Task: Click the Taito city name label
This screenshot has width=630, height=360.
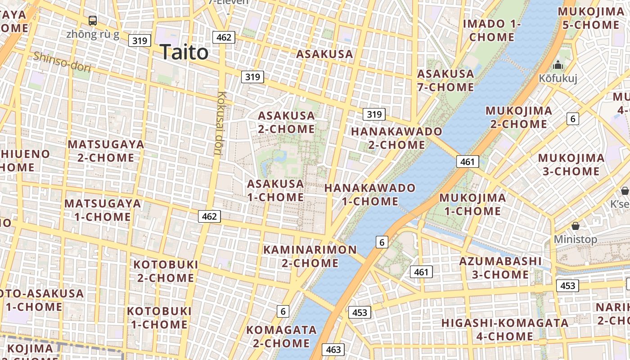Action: pos(184,52)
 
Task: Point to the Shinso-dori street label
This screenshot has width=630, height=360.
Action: pos(62,62)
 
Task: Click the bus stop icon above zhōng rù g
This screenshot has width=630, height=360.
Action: pos(93,20)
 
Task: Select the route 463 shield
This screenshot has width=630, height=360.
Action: pos(333,350)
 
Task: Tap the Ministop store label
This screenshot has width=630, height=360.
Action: pos(575,239)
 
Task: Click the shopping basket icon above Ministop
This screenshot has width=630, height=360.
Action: pos(575,225)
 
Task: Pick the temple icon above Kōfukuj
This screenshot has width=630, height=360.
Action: pos(558,65)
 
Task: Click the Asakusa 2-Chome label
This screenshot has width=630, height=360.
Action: pos(286,122)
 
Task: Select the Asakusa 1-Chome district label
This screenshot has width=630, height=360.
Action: pos(275,190)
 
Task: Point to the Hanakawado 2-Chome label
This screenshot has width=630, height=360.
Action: pos(396,138)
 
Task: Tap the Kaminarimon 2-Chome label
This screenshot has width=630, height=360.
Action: pos(310,256)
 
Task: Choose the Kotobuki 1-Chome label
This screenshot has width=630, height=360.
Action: pos(159,318)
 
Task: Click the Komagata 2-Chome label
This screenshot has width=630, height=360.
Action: pos(281,337)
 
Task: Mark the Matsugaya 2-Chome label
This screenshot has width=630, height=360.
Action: pos(106,151)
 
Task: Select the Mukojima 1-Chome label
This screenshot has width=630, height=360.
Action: pos(472,204)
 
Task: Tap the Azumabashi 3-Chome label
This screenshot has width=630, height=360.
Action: pos(500,268)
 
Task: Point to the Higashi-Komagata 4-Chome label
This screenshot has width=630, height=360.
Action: pos(505,329)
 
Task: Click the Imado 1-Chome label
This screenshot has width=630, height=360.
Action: pos(492,30)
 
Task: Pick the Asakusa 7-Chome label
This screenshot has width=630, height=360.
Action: pos(445,80)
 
